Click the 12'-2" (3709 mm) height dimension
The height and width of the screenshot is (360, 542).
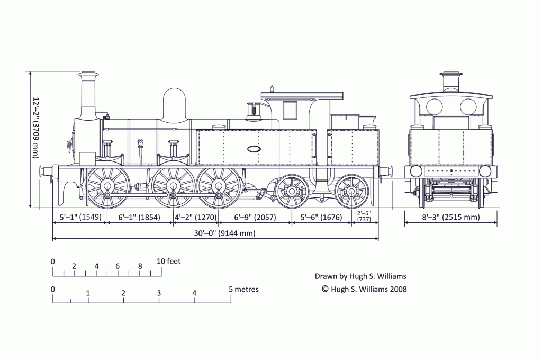(35, 128)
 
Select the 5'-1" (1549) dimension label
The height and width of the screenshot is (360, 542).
(80, 217)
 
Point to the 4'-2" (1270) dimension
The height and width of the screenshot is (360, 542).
(196, 217)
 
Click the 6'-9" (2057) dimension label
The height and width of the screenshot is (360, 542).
(255, 217)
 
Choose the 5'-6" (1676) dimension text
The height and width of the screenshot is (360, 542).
(322, 217)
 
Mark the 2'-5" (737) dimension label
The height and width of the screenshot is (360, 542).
(364, 216)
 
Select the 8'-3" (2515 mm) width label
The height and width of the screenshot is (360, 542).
(451, 217)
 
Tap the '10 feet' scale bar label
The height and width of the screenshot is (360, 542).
(169, 261)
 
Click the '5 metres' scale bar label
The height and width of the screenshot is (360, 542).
(243, 289)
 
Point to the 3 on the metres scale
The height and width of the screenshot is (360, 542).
(159, 293)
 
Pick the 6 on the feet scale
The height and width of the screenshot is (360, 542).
(118, 266)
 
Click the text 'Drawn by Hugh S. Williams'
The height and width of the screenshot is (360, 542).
(360, 276)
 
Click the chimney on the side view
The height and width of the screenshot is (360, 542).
(88, 95)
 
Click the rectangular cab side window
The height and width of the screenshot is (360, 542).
(290, 110)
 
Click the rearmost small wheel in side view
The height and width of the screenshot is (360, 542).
(352, 191)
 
